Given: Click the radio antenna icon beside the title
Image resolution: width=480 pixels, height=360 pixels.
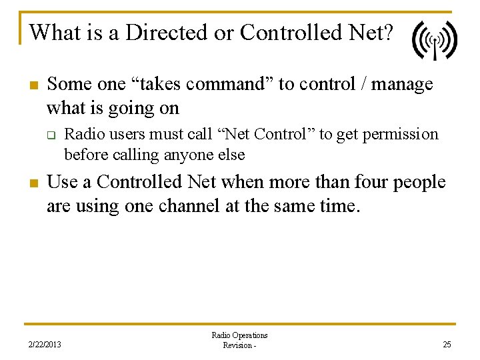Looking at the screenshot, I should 434,41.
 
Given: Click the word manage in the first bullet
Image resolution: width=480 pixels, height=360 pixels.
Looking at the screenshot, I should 402,85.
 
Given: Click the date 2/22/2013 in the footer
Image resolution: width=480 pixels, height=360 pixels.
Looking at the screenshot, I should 44,345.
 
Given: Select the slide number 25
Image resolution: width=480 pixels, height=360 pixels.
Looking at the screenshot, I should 446,345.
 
